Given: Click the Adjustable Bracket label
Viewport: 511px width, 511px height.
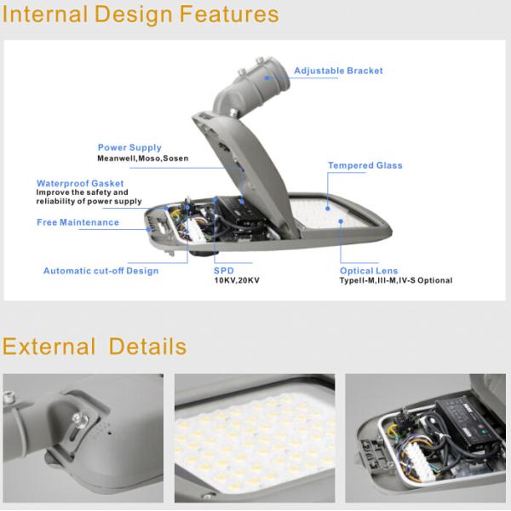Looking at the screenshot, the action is click(338, 71).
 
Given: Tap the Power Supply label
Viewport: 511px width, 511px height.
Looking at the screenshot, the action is click(129, 147).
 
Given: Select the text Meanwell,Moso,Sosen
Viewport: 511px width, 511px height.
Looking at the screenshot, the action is click(143, 158).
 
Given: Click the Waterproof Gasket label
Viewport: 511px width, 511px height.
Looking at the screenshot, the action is click(80, 183).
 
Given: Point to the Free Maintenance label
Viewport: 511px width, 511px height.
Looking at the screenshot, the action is click(78, 222).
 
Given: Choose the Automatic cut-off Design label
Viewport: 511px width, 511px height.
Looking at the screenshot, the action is click(100, 271).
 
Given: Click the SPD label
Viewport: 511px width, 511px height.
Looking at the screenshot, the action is click(224, 271).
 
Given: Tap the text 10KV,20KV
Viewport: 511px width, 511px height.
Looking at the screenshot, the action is click(237, 280).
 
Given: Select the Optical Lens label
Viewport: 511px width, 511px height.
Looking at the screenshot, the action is click(369, 271).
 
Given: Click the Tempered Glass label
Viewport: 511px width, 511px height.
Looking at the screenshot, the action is click(365, 165).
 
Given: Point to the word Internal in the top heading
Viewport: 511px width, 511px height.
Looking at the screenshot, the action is click(45, 14).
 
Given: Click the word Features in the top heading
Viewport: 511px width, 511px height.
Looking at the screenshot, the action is click(229, 14).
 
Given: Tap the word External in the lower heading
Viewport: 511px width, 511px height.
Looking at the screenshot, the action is click(49, 346).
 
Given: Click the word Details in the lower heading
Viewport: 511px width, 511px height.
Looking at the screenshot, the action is click(147, 346).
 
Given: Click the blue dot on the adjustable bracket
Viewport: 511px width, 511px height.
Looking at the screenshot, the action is click(267, 78).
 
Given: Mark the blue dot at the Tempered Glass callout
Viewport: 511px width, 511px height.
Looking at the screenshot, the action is click(328, 209).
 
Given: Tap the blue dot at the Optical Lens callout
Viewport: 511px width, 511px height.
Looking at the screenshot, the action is click(341, 221).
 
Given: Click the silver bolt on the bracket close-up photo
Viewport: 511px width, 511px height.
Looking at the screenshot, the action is click(79, 419).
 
